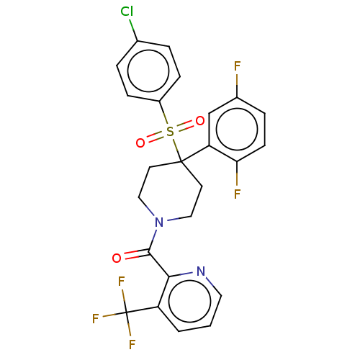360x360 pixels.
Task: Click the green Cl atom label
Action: pos(127,12)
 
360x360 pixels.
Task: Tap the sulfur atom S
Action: pos(170,132)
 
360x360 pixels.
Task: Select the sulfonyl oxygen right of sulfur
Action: pos(199,121)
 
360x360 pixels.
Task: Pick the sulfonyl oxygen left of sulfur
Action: pos(140,143)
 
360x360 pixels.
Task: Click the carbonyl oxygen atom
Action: pos(117,258)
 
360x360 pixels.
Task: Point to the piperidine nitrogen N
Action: pos(159,222)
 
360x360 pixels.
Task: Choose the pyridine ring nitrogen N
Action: pos(201,271)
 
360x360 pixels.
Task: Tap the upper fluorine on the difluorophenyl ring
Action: pos(237,66)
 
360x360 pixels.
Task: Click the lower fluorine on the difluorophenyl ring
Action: pos(237,194)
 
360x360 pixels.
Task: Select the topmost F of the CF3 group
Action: pos(122,282)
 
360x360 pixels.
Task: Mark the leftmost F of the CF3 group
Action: pos(96,319)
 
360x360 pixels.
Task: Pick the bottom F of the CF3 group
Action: pos(132,345)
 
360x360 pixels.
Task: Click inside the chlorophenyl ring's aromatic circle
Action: pos(148,71)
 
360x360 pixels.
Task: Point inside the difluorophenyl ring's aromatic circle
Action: pos(237,130)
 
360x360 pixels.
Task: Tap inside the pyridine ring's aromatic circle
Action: pos(189,301)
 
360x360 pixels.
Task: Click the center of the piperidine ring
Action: pos(170,192)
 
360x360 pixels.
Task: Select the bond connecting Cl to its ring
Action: pos(134,30)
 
